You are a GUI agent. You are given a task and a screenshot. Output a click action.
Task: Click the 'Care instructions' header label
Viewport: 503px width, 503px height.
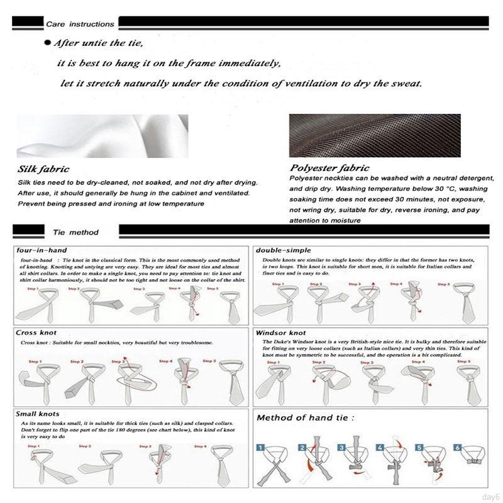pos(80,24)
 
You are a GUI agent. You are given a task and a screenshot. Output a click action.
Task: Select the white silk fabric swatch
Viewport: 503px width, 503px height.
pos(102,135)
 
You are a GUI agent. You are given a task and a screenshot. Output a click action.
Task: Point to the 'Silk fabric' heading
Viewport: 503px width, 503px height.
pos(43,169)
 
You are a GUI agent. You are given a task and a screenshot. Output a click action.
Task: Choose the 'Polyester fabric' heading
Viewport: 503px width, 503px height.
pos(329,168)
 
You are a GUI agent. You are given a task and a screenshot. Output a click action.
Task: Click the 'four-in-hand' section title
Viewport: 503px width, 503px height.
pos(43,250)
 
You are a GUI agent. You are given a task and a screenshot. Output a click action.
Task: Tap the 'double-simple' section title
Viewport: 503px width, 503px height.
pos(283,250)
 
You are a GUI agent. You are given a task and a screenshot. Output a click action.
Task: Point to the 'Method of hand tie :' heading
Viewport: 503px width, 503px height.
pos(305,417)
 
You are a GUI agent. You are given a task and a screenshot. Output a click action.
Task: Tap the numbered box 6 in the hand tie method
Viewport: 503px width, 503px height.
pos(458,448)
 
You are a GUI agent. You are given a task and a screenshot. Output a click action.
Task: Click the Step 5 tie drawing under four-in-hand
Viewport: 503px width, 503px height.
pos(228,304)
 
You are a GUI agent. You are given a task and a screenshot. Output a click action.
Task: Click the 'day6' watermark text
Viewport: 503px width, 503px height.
pos(490,495)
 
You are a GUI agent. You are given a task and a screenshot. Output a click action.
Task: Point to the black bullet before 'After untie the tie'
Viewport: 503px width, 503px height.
pos(47,44)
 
